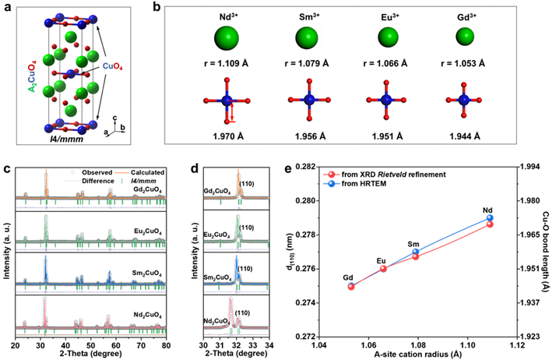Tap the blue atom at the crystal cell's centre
[x=71, y=74]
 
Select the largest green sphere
[x=227, y=37]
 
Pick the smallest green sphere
[x=465, y=36]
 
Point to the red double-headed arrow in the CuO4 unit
[x=231, y=112]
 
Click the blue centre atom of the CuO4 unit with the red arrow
[x=227, y=101]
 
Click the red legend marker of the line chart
[x=331, y=175]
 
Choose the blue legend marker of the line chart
[x=331, y=184]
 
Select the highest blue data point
[x=490, y=218]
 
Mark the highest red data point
[x=490, y=224]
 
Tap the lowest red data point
[x=351, y=287]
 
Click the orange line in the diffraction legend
[x=121, y=172]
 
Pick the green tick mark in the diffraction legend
[x=121, y=181]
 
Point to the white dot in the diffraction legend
[x=72, y=172]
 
